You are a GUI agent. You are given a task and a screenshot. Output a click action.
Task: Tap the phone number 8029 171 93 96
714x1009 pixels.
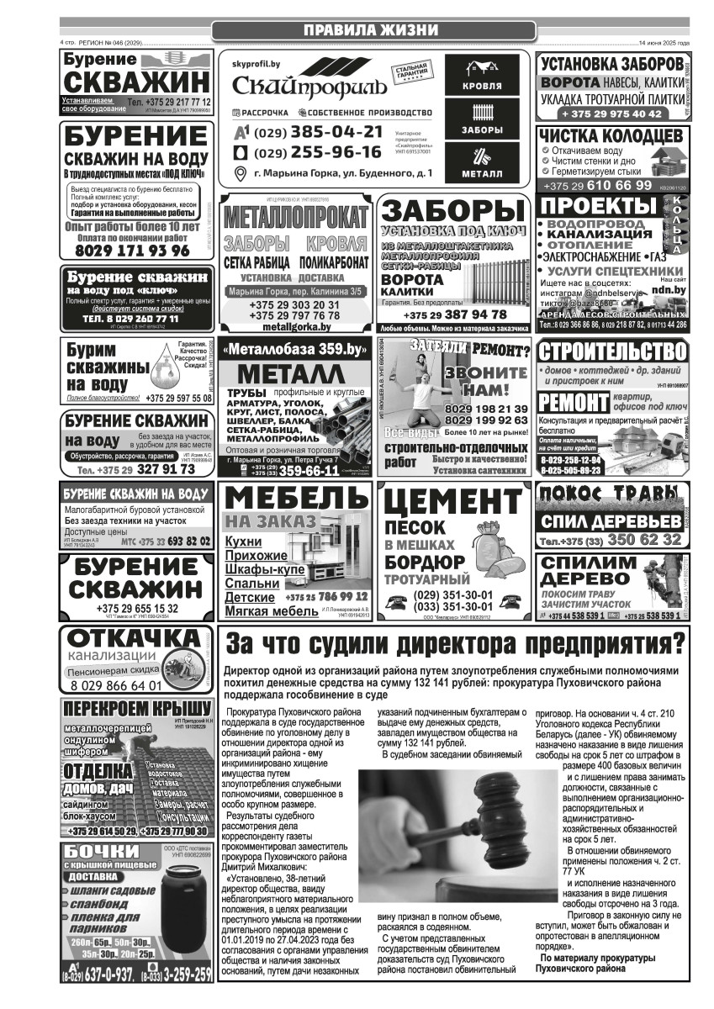(x=133, y=251)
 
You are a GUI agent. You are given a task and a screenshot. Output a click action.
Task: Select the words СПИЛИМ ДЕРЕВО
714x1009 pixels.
(x=588, y=571)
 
